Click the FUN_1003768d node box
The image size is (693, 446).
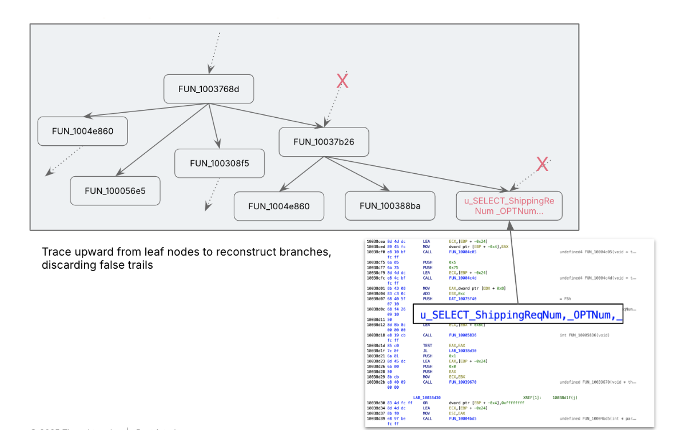(209, 89)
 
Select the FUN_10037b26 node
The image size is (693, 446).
(324, 141)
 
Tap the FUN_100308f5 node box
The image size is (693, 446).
(220, 163)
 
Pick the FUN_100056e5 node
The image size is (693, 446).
(115, 190)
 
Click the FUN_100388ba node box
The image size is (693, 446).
(390, 205)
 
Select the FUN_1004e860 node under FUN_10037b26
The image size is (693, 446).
(279, 206)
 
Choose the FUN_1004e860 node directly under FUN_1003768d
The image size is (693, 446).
(82, 131)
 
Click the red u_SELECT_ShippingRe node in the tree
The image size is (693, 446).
(509, 205)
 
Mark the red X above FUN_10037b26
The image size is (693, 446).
(342, 81)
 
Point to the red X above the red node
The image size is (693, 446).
(542, 165)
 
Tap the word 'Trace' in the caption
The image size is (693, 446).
(54, 252)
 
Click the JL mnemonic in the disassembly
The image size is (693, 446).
(425, 351)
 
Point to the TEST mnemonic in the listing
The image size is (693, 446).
(428, 345)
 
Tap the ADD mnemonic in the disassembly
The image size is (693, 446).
(427, 293)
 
